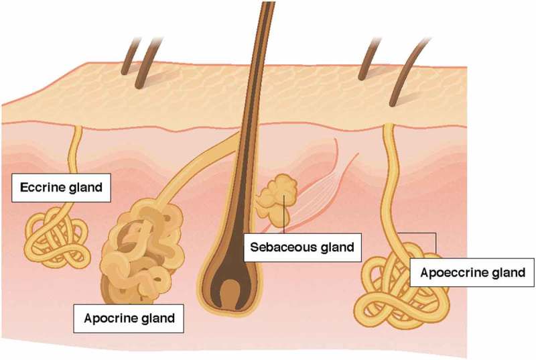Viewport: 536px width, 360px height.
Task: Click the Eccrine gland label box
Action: tap(61, 188)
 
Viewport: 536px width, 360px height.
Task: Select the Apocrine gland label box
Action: tap(129, 318)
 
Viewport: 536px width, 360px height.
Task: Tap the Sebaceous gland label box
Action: tap(301, 247)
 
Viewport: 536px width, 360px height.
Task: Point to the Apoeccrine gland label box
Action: tap(472, 273)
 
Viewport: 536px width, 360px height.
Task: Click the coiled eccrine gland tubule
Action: tap(57, 239)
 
